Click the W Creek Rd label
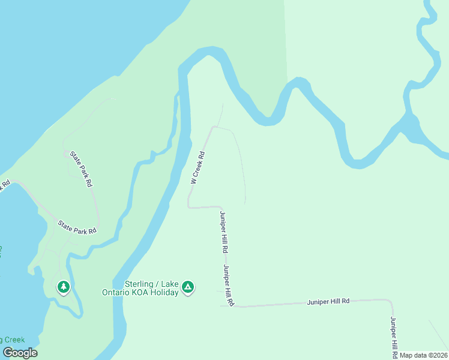click(x=199, y=167)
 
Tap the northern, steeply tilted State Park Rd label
click(x=80, y=169)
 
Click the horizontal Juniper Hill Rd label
click(x=328, y=301)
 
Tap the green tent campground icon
click(x=188, y=288)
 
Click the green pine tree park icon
click(x=64, y=287)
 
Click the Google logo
click(x=20, y=353)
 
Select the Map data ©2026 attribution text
click(x=424, y=355)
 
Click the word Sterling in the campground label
click(x=139, y=284)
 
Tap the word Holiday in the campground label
click(x=166, y=292)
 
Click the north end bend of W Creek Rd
click(x=213, y=127)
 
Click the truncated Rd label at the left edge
click(x=5, y=184)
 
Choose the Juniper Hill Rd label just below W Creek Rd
click(x=223, y=232)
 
